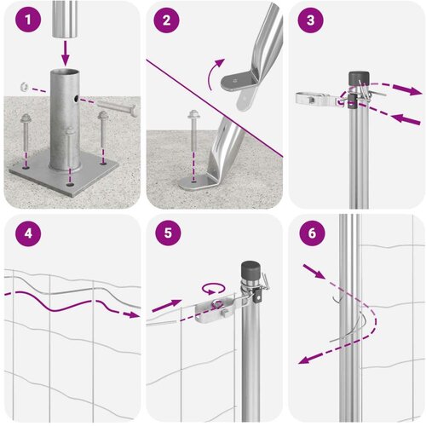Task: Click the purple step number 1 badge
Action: coord(28,20)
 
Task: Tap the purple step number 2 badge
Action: coord(166,20)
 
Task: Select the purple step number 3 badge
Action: coord(310,20)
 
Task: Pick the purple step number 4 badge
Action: coord(28,233)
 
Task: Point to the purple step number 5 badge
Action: coord(168,233)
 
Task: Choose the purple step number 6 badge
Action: coord(312,233)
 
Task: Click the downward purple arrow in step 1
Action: coord(66,53)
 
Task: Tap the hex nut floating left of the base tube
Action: coord(24,86)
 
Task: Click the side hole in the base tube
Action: coord(76,99)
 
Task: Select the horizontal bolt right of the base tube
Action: coord(117,108)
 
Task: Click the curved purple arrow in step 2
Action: coord(215,73)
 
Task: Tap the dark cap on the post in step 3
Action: coord(359,78)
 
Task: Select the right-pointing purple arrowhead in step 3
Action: coord(412,91)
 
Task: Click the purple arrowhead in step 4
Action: coord(132,314)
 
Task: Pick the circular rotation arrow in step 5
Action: coord(214,289)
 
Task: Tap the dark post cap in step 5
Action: coord(250,270)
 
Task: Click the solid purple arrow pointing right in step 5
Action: coord(167,306)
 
